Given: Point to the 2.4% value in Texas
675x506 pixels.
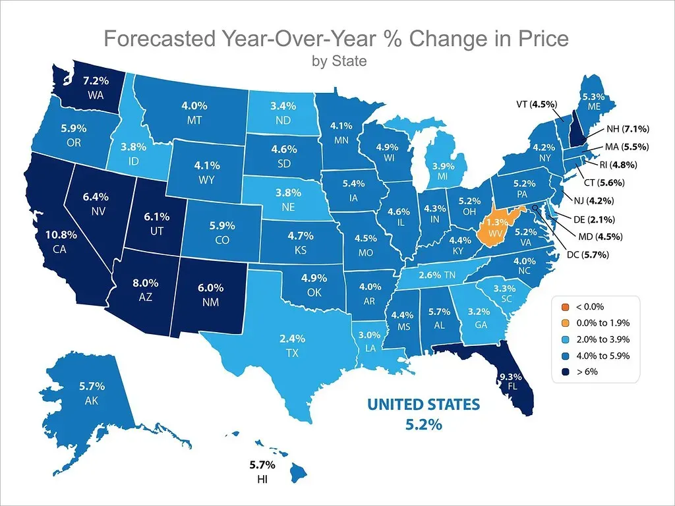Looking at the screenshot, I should tap(292, 339).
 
